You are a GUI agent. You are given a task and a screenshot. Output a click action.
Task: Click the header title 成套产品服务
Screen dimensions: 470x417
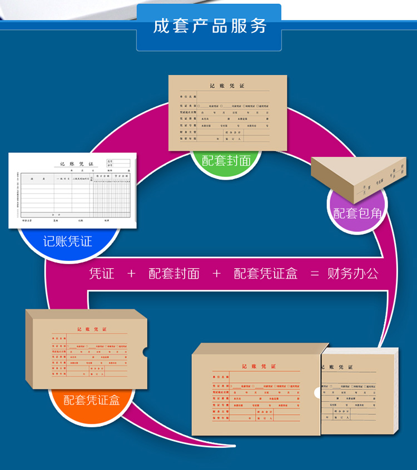[x=210, y=26]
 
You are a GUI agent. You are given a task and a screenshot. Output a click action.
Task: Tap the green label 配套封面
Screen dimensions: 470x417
[x=226, y=161]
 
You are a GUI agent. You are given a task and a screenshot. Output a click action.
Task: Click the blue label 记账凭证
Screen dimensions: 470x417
[x=68, y=241]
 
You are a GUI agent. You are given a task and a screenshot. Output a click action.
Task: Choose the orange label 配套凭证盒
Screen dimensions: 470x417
[x=91, y=400]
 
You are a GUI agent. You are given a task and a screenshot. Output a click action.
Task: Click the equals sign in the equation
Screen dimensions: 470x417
[x=315, y=274]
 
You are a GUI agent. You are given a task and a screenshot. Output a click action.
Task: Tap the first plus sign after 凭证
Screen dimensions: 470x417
[x=131, y=274]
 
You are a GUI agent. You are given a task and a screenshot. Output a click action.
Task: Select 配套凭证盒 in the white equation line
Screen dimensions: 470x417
[x=266, y=274]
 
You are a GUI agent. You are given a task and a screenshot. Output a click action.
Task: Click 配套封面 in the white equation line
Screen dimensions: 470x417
[x=173, y=274]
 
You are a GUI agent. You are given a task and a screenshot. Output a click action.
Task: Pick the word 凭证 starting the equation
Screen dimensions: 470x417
[x=102, y=274]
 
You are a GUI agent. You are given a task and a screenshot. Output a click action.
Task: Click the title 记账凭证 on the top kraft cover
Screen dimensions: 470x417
[x=227, y=86]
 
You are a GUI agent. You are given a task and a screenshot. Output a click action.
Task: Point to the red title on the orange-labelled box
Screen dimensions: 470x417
[x=88, y=329]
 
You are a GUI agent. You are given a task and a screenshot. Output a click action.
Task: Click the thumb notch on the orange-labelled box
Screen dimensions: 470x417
[x=145, y=352]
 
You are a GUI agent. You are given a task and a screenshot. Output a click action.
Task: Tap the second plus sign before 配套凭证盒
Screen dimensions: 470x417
[x=216, y=274]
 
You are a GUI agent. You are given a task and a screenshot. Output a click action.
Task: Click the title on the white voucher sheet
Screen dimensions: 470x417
[x=77, y=165]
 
